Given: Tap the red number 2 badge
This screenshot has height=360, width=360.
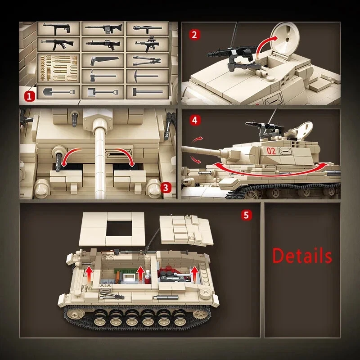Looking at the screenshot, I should tap(194, 35).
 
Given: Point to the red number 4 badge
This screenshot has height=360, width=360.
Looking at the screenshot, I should tap(194, 120).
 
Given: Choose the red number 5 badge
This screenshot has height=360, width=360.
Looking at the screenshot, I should tap(246, 215).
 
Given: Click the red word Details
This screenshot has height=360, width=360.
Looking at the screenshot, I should tap(302, 256).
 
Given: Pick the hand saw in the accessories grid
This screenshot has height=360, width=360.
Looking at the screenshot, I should tap(102, 60).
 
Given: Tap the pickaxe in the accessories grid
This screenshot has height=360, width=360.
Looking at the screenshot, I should tap(146, 76).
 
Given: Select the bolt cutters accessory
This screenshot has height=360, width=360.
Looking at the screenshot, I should tap(146, 60).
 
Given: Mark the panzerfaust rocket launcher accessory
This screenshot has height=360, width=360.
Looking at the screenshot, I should tap(146, 28).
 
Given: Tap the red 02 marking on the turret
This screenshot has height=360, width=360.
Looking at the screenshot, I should tap(271, 151).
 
